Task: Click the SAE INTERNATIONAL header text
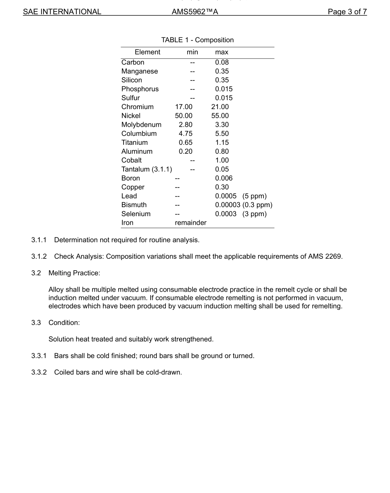click(62, 12)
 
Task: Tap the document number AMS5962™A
click(195, 12)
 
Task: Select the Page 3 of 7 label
click(347, 12)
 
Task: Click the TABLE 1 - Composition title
click(197, 40)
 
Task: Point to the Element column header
click(147, 52)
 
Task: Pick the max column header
click(222, 52)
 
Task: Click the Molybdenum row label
click(141, 125)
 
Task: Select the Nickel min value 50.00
click(184, 116)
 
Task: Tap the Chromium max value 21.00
click(220, 107)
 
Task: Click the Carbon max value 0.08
click(222, 62)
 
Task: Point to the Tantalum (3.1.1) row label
click(147, 169)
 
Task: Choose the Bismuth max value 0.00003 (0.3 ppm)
click(244, 205)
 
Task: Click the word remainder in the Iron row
click(190, 223)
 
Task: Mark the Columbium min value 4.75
click(186, 134)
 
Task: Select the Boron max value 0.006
click(224, 178)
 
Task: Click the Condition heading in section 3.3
click(64, 323)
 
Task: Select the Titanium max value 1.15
click(222, 143)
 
